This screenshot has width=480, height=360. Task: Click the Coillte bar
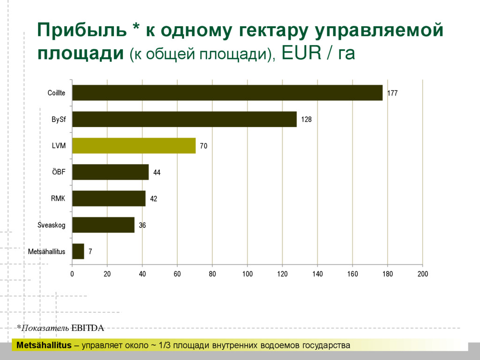coord(227,93)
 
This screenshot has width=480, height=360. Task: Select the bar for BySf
coord(184,119)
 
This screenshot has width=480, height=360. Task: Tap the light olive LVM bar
coord(134,146)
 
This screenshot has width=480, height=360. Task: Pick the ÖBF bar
coord(110,172)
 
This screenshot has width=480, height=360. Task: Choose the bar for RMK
coord(109,199)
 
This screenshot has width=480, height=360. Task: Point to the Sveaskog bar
coord(103,225)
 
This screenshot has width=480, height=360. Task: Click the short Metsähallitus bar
coord(78,251)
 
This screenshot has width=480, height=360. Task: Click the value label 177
coord(392,93)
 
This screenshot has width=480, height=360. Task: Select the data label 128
coord(306,120)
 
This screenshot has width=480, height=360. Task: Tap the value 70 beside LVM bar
coord(203,146)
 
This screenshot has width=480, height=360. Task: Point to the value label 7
coord(90,252)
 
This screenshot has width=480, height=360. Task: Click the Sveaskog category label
coord(52,225)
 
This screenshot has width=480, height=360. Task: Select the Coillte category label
coord(56,93)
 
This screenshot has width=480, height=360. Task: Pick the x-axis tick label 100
coord(247,274)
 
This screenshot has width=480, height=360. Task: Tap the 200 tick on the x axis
coord(422,274)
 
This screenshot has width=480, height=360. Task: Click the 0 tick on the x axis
coord(72,274)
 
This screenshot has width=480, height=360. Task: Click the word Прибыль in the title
coord(82,31)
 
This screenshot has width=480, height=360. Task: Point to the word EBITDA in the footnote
coord(87,328)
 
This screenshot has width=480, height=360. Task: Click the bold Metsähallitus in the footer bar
coord(44,346)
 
